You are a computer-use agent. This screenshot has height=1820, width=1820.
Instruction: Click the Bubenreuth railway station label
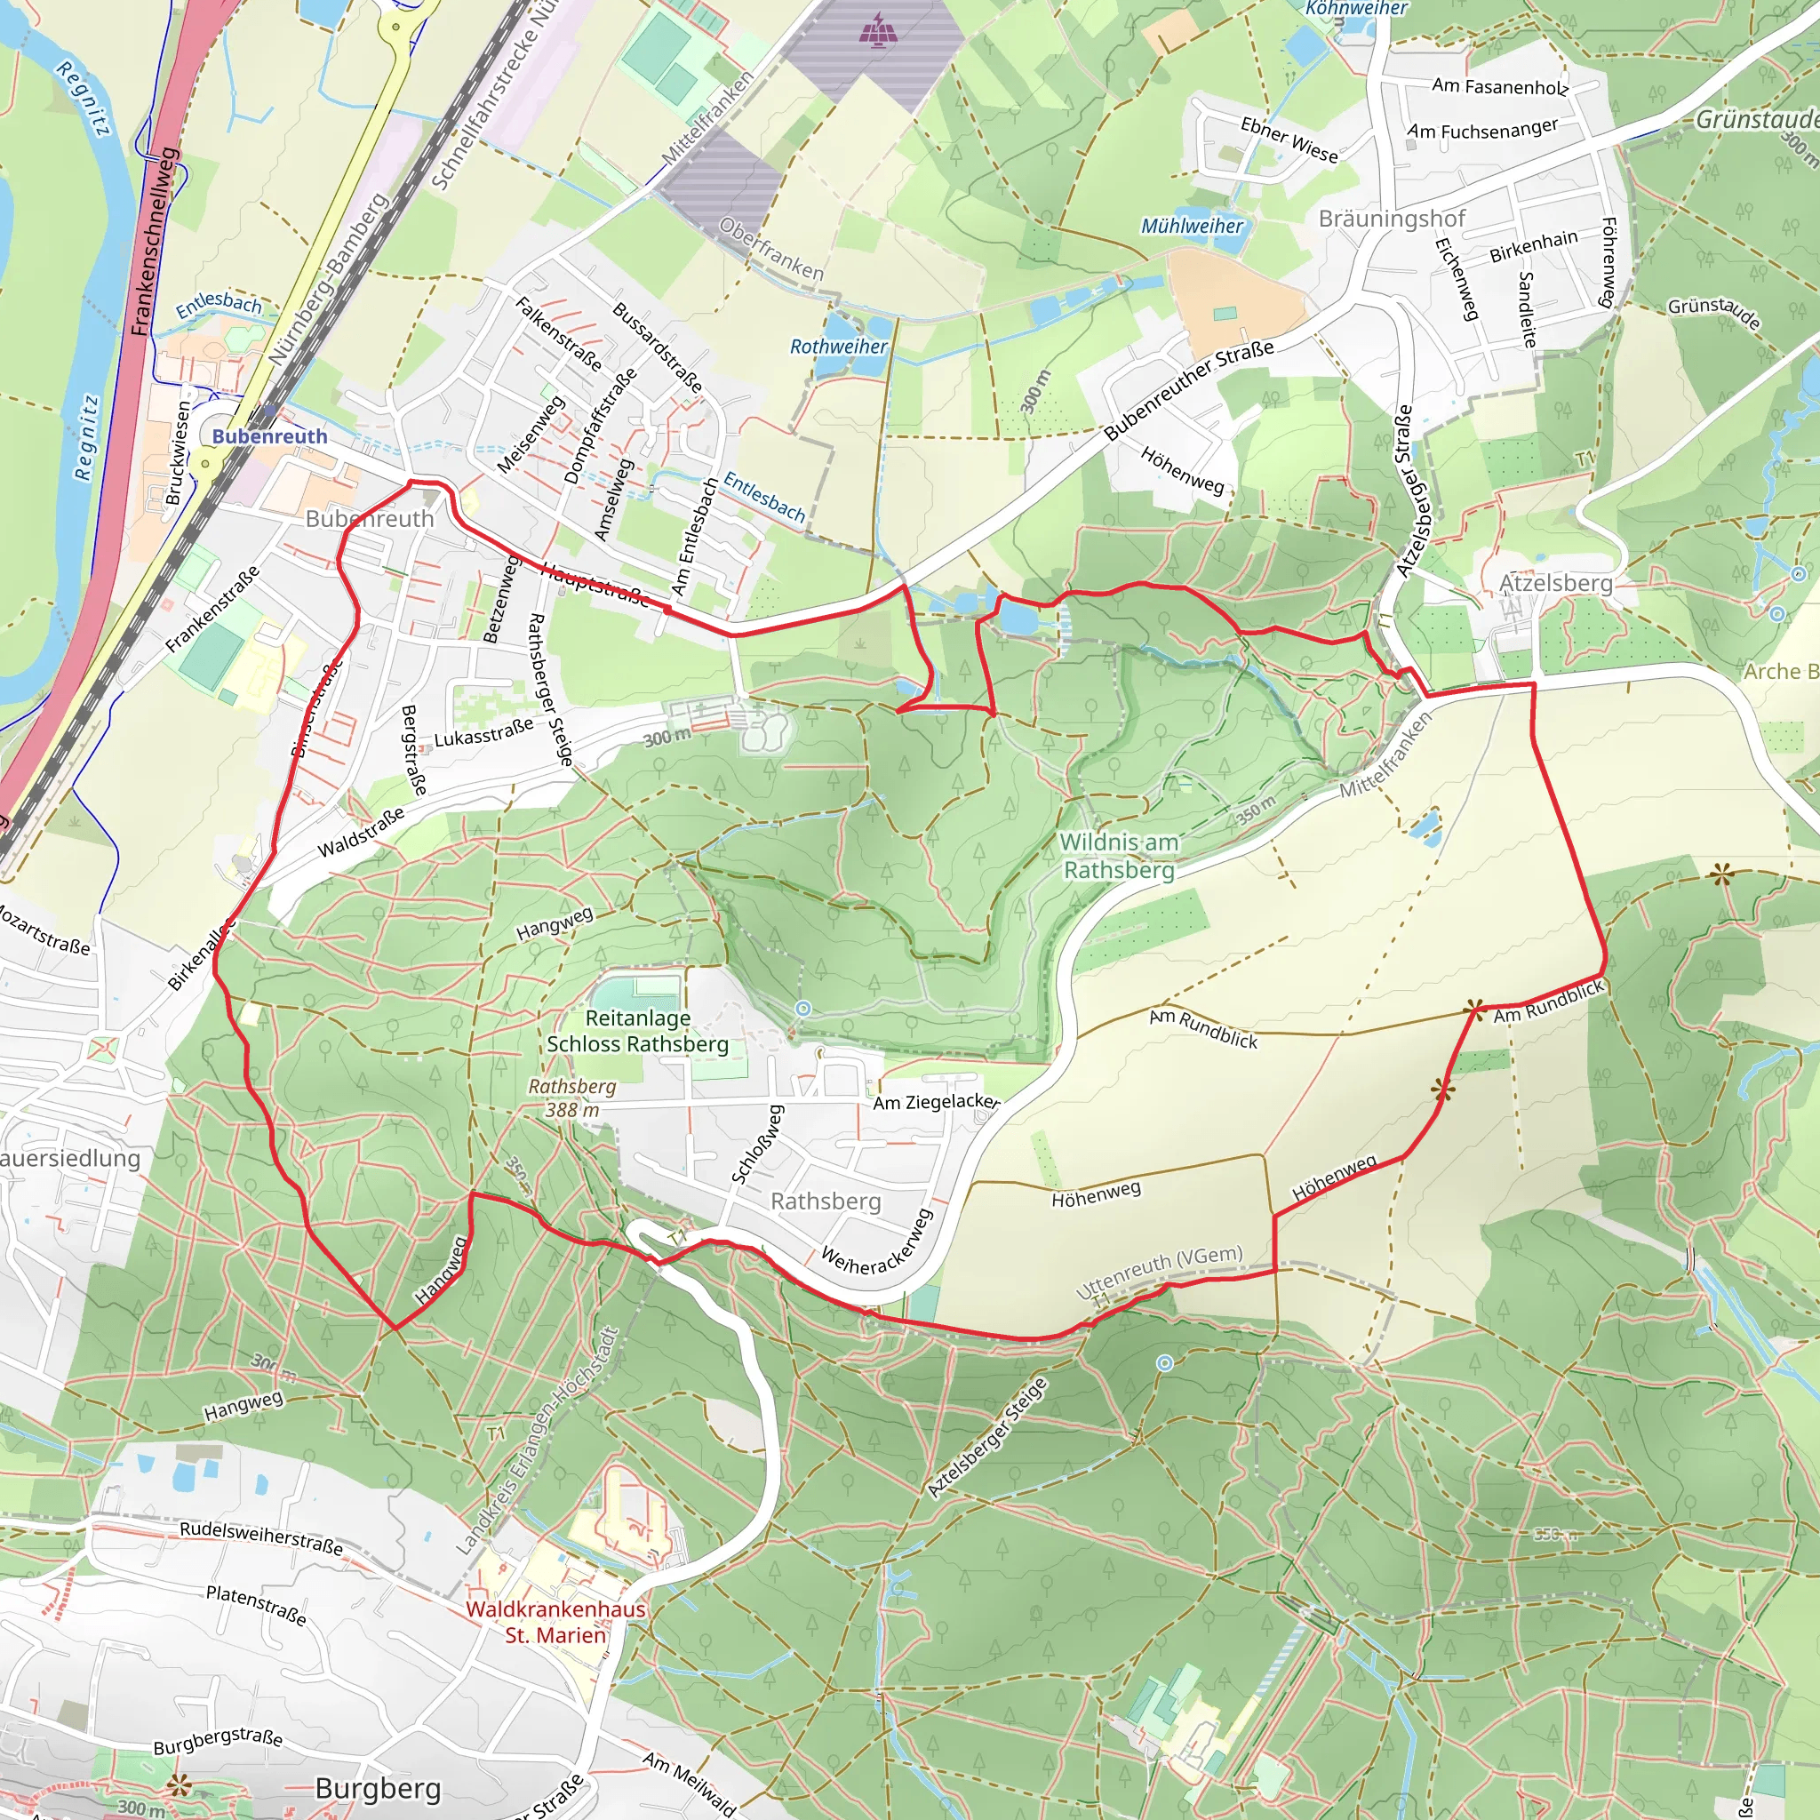coord(269,436)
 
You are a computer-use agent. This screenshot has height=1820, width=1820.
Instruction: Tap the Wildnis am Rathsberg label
coord(1118,856)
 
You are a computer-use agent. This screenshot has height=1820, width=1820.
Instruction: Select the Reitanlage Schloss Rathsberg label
coord(638,1031)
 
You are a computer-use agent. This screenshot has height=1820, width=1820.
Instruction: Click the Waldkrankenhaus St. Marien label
coord(555,1621)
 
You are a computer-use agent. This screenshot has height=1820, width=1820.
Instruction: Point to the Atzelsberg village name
coord(1555,583)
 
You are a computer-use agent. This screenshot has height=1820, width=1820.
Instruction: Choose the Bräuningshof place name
coord(1392,219)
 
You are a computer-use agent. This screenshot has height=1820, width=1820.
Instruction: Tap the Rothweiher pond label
coord(837,347)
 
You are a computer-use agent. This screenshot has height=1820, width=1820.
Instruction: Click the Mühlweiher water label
coord(1192,226)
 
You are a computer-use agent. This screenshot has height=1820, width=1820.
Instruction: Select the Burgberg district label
coord(378,1788)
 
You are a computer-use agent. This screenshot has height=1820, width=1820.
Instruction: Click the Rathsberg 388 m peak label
coord(571,1098)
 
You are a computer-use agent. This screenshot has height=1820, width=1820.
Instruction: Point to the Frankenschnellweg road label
coord(154,242)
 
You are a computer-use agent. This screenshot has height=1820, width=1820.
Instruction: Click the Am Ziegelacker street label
coord(936,1101)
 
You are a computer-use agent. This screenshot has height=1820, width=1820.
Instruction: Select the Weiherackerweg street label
coord(877,1242)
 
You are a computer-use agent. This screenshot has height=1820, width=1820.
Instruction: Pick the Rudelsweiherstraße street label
coord(261,1537)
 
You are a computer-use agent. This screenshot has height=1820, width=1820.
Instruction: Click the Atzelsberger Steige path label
coord(986,1438)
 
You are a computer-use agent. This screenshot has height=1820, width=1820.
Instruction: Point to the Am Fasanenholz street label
coord(1500,87)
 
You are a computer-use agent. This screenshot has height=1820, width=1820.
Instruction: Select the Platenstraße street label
coord(256,1604)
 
